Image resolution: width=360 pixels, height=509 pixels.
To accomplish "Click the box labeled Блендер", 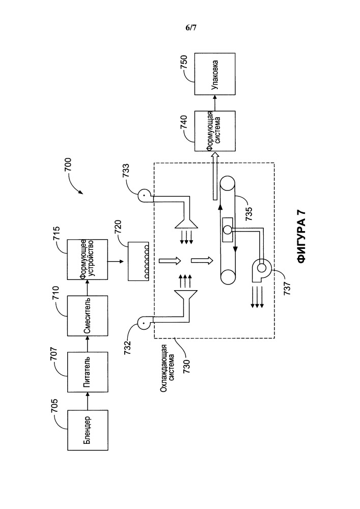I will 88,431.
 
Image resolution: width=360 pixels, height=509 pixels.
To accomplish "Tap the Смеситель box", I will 88,317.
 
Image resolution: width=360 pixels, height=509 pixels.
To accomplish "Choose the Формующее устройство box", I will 88,259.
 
